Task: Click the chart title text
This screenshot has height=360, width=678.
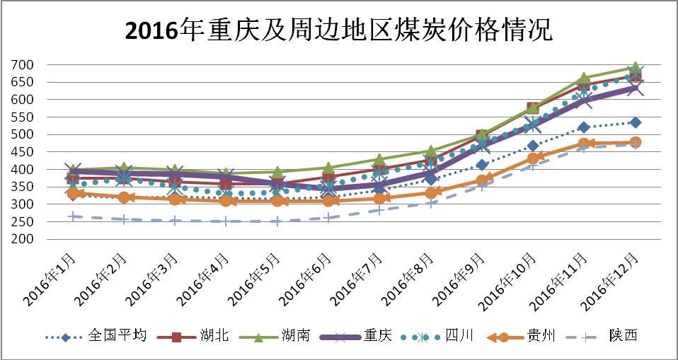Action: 338,30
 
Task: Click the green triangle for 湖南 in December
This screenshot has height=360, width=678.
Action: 635,68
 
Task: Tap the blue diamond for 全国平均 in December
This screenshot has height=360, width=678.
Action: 635,122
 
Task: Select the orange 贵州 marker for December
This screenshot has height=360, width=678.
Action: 635,142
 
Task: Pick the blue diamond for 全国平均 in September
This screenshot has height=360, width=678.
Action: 482,165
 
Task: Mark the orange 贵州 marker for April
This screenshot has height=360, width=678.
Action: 226,201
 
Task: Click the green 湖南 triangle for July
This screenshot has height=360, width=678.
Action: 379,161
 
